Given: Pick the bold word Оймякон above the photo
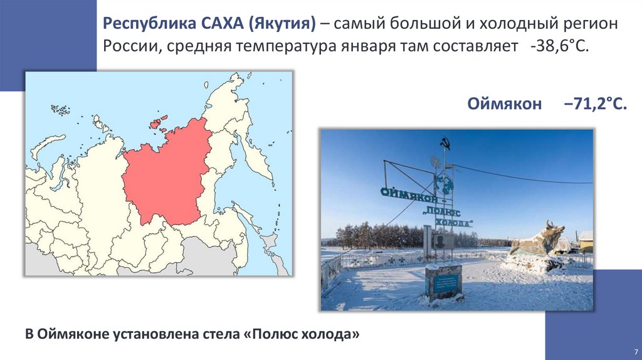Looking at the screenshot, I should pyautogui.click(x=504, y=104).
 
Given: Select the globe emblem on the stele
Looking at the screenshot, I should pyautogui.click(x=445, y=184).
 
